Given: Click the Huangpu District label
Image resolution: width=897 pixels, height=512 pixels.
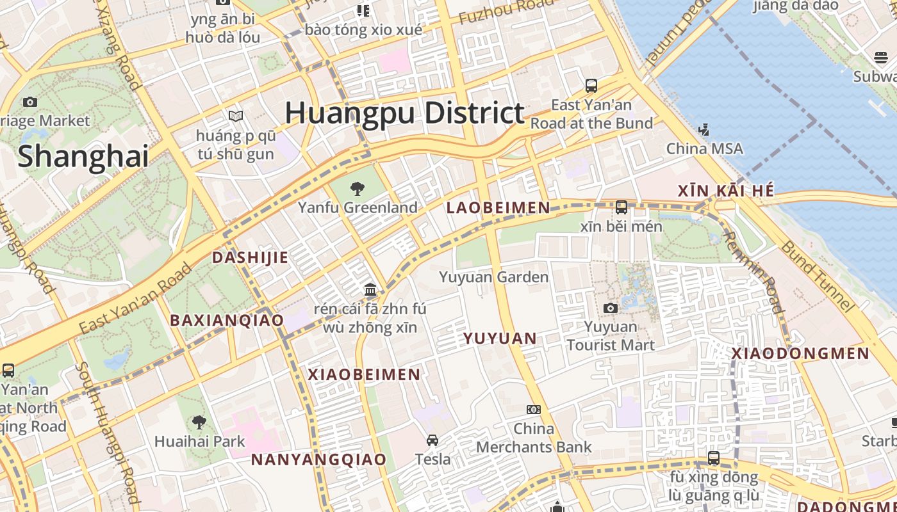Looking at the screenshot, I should coord(405,113).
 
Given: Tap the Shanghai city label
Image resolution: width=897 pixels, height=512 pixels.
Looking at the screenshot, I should coord(83,156).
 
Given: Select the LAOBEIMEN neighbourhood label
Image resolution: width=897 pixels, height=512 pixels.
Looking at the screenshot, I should coord(498,207).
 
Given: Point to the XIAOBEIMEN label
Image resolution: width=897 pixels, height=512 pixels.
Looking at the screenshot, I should coord(364,374).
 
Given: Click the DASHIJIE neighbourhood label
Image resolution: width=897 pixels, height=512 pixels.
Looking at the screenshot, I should coord(250,257).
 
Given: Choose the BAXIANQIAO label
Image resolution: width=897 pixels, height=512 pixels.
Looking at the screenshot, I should coord(227,320).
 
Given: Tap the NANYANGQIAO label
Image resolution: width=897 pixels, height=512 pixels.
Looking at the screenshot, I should coord(318,460).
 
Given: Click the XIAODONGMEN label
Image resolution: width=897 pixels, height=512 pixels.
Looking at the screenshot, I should coord(801,353).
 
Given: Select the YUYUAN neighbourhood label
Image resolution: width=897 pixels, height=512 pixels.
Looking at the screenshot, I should coord(500,338).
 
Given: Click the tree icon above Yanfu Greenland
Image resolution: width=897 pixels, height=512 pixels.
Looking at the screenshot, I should coord(358,188).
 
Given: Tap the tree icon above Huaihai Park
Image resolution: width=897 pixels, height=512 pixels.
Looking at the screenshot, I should coord(199,422).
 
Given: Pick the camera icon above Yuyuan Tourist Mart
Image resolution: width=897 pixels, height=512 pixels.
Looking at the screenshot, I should coord(611,308).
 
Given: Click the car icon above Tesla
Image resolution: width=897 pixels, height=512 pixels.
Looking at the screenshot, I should coord(432,440).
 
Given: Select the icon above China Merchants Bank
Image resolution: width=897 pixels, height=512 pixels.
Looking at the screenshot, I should coord(534,410).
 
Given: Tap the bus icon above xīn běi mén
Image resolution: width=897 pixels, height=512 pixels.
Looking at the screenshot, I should coord(621,207).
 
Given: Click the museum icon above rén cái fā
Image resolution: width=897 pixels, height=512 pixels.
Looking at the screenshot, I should coord(370,290).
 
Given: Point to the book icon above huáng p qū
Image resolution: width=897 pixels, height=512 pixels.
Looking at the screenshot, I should coord(236,116).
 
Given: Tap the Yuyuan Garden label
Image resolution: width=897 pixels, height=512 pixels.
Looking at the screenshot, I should coord(493,277).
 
